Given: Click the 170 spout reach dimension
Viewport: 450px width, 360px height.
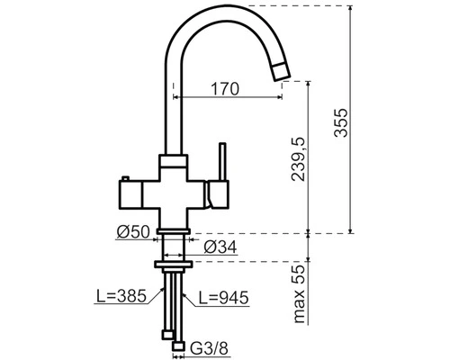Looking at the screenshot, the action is (x=225, y=89).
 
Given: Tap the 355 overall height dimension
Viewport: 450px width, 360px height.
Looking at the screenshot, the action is (x=341, y=122).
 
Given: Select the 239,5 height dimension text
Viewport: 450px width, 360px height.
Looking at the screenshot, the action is (x=298, y=159).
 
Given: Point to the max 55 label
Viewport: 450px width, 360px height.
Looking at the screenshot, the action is (x=299, y=294).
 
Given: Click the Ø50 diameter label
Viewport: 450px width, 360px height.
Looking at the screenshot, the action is (x=133, y=232).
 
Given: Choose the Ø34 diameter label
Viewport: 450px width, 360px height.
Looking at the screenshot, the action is (x=220, y=247).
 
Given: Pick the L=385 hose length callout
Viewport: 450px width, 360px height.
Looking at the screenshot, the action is (x=121, y=296).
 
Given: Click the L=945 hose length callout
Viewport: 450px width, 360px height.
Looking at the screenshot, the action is (x=224, y=298).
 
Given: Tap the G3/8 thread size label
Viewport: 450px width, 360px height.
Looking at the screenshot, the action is (x=209, y=348).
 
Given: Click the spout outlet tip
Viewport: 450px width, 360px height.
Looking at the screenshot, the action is (x=282, y=72).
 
